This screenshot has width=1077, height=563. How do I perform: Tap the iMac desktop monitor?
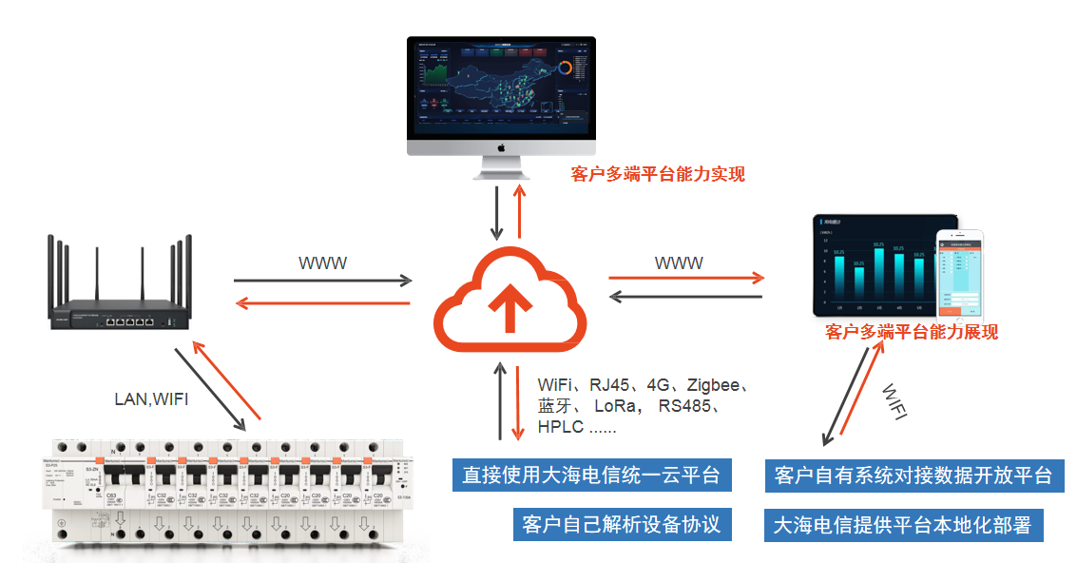coord(501,95)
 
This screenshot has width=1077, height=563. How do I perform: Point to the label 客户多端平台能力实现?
coord(658,173)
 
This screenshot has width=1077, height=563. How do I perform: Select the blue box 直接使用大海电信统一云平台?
coord(591,475)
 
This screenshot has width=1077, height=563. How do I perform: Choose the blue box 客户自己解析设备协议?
coord(622,524)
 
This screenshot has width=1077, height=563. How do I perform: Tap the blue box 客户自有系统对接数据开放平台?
coord(914,475)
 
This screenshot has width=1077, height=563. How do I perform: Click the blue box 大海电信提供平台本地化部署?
coord(902,524)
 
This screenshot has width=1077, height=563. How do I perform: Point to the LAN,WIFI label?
coord(151,399)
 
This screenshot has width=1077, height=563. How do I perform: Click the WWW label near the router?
coord(323,263)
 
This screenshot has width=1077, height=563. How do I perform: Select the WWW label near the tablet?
coord(679,262)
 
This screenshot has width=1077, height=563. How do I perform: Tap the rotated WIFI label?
coord(894,402)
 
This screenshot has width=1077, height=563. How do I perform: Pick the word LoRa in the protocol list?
coord(620,406)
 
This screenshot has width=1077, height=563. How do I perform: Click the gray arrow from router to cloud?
coord(323,281)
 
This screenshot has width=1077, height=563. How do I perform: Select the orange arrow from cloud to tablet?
coord(686,278)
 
